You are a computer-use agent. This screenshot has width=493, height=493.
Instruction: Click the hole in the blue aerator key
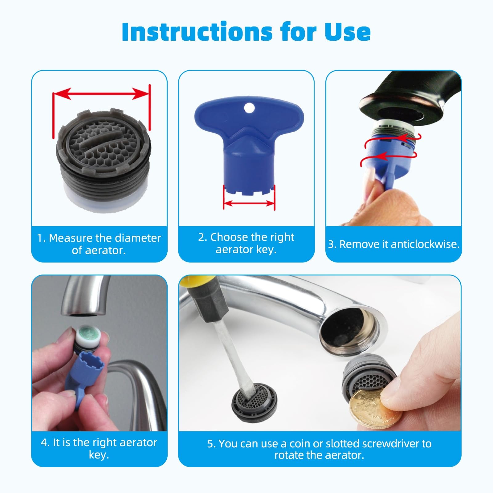click(x=249, y=108)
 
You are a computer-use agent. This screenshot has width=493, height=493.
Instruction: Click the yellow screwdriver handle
click(x=188, y=280)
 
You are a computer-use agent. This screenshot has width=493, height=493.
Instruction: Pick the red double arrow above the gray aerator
click(x=101, y=93)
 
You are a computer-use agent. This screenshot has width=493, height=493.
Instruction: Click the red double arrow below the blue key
click(x=249, y=203)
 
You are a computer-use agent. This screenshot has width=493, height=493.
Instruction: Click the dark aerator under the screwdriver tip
click(x=254, y=405)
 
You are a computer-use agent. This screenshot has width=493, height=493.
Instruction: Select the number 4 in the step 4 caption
click(x=44, y=442)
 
